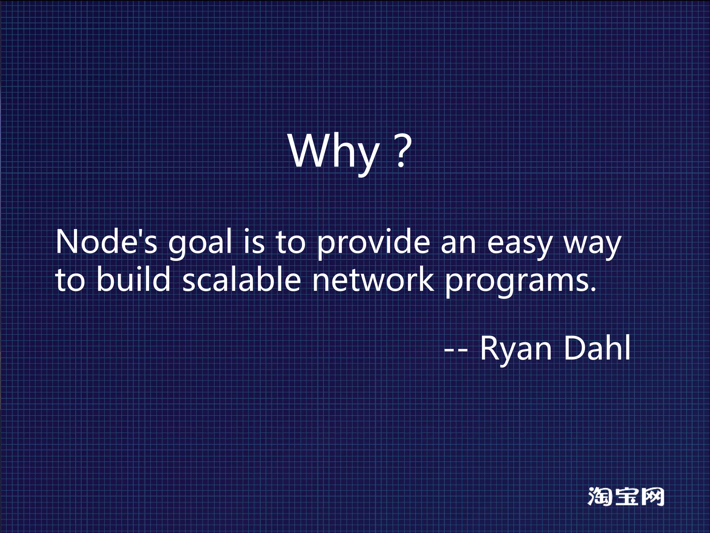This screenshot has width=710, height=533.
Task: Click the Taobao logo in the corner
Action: [x=626, y=497]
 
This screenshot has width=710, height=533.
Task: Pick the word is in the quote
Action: [x=254, y=242]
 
